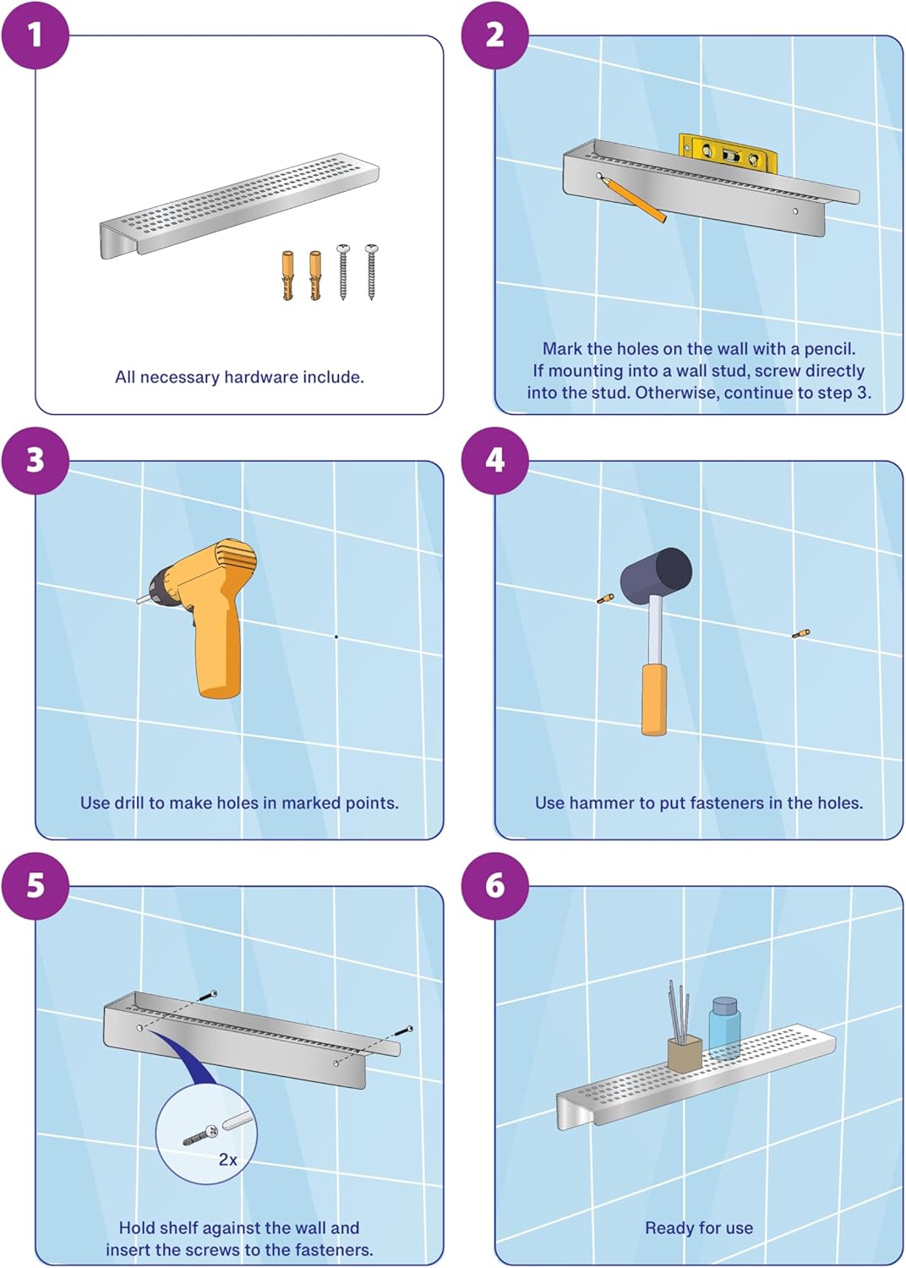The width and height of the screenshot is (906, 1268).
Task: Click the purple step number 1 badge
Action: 35,36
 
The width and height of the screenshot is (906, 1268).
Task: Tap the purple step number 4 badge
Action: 494,461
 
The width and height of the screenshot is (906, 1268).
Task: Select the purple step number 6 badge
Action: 494,886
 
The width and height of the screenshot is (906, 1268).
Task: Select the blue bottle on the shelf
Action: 724,1027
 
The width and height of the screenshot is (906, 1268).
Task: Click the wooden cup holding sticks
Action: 685,1053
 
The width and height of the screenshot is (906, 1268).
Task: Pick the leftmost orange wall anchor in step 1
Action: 287,275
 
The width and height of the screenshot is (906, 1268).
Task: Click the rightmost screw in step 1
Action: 371,271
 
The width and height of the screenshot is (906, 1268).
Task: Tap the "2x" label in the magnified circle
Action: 227,1160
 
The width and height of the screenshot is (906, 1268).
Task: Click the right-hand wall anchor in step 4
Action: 800,633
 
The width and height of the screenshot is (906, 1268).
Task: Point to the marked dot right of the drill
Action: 336,637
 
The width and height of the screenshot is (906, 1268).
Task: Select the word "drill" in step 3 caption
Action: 128,803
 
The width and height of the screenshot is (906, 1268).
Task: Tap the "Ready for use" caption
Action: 699,1228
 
